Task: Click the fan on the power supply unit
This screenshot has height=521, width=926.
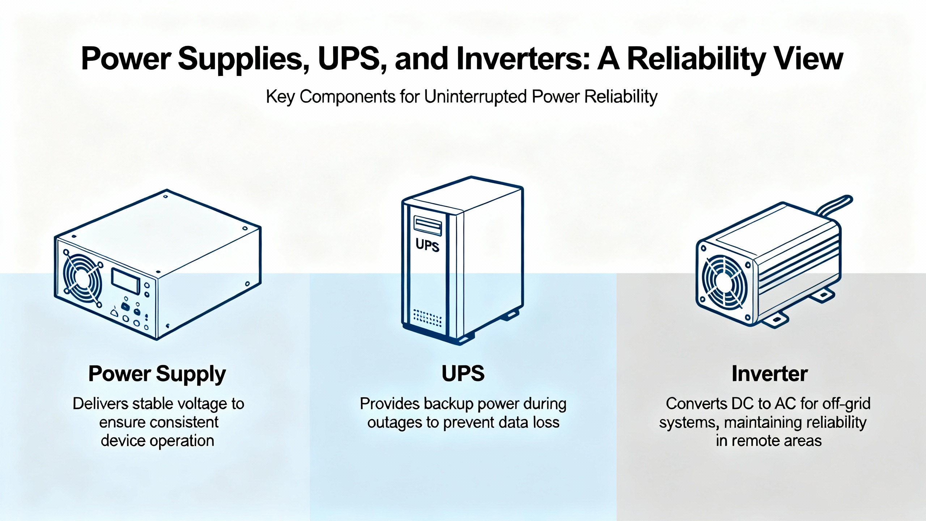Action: [x=82, y=278]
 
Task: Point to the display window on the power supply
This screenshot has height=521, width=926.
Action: [x=126, y=281]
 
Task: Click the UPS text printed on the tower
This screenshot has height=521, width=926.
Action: [x=427, y=245]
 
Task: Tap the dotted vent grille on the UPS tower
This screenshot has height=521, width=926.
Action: [x=427, y=318]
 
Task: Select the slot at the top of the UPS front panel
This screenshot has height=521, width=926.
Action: [x=427, y=225]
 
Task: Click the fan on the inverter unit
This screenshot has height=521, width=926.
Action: [x=723, y=280]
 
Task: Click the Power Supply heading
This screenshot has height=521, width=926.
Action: [x=157, y=374]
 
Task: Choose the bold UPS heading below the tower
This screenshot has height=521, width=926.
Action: [x=463, y=374]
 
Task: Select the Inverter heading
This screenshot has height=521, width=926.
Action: [x=769, y=374]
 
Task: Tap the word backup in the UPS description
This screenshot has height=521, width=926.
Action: [x=449, y=404]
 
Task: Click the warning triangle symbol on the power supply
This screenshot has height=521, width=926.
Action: [x=115, y=312]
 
